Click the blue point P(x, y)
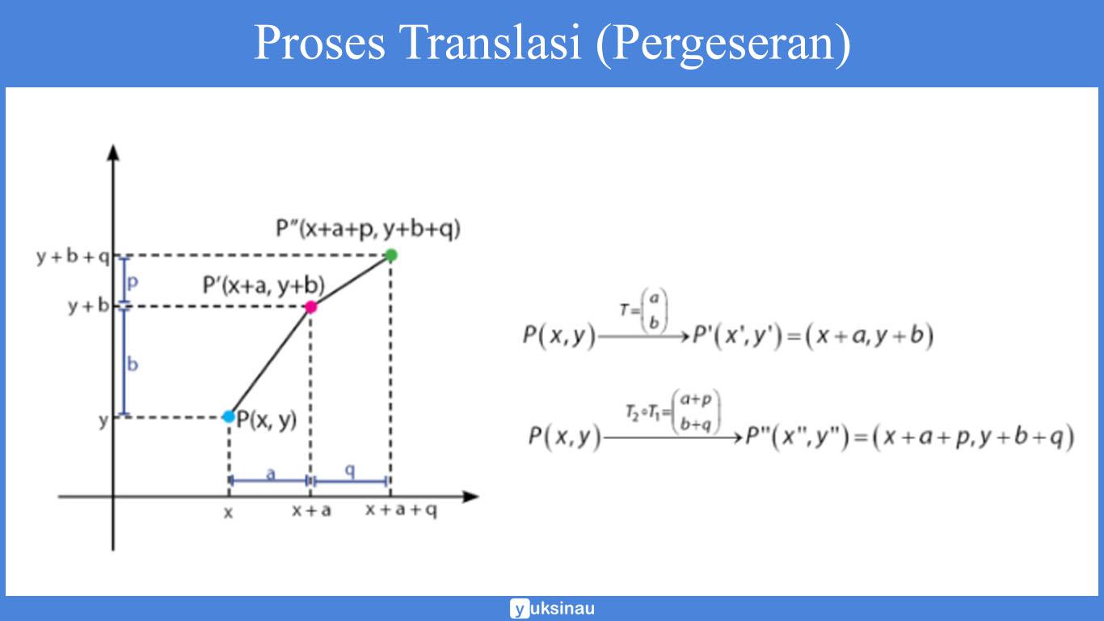tap(229, 416)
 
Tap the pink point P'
tap(310, 306)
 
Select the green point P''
tap(391, 256)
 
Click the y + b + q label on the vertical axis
tap(72, 257)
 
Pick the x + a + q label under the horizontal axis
tap(401, 511)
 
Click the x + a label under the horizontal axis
tap(311, 511)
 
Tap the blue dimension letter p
tap(133, 282)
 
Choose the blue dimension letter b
tap(133, 364)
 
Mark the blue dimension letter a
tap(271, 473)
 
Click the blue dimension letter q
tap(350, 472)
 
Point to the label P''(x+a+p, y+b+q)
tap(368, 230)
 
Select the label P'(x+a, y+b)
tap(263, 285)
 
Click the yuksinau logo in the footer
tap(552, 608)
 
